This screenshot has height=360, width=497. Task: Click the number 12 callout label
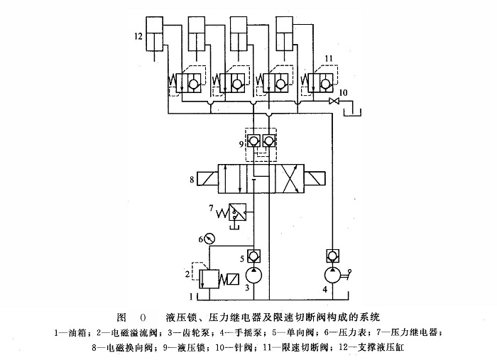click(x=138, y=34)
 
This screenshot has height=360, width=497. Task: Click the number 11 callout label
click(x=327, y=58)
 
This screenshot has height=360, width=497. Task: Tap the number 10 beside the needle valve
click(x=344, y=92)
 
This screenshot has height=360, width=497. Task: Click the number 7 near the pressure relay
click(x=210, y=208)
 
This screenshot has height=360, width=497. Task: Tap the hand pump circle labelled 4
click(x=332, y=274)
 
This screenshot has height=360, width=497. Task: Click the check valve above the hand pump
click(x=332, y=255)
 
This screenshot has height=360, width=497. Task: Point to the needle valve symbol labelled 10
click(x=332, y=103)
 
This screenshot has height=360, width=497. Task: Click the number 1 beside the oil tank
click(x=190, y=293)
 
